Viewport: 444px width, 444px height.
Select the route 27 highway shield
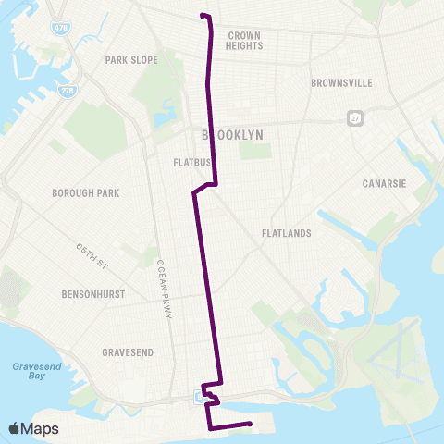point(354,118)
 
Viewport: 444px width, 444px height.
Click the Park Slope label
point(131,60)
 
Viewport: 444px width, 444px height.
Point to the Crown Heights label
point(244,40)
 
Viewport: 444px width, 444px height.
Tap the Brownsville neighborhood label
point(342,82)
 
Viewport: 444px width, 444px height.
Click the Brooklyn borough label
point(233,135)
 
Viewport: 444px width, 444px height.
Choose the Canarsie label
point(385,182)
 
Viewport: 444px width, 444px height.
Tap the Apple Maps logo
point(33,428)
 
